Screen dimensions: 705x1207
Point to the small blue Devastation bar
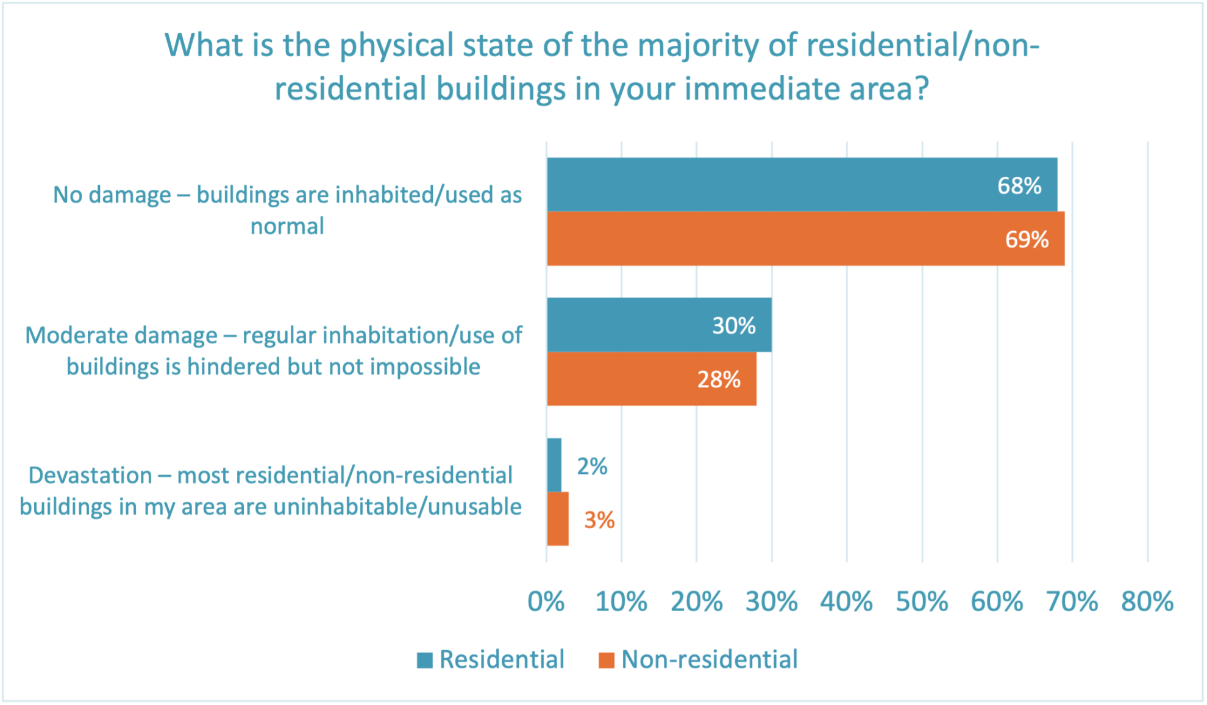(554, 465)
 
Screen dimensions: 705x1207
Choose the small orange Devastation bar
(558, 518)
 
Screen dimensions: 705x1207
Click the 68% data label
(1019, 185)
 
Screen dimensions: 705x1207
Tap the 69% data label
(1027, 239)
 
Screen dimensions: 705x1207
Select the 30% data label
(734, 326)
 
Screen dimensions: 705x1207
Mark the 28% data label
(719, 379)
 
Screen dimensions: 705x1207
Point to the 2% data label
(592, 467)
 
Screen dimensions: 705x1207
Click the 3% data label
(599, 520)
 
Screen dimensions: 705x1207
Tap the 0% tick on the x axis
(546, 602)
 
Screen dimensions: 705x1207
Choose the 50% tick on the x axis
(922, 602)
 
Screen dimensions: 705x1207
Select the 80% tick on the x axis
(1147, 602)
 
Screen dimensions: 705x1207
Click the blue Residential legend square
(425, 660)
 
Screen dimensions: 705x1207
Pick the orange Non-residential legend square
(607, 660)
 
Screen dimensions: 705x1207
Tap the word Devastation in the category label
(90, 475)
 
